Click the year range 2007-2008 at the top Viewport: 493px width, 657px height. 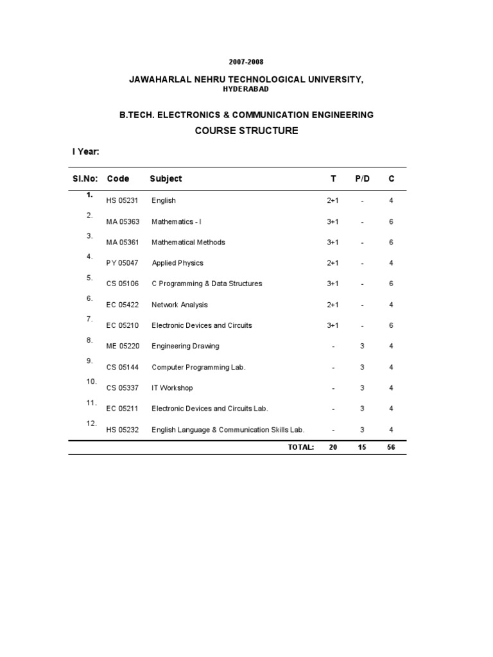tap(246, 62)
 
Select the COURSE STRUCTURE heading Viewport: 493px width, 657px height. tap(246, 131)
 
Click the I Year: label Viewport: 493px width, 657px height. tap(85, 153)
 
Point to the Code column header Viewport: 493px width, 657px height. tap(118, 179)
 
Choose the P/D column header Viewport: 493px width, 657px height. tap(363, 179)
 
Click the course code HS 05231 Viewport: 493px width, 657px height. tap(123, 201)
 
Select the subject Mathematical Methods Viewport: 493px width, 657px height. tap(188, 243)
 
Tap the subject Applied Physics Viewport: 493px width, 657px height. tap(177, 263)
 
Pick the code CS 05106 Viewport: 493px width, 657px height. tap(123, 284)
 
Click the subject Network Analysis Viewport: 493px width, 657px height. tap(180, 305)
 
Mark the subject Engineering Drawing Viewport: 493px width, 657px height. tap(186, 346)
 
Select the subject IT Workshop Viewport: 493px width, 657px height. tap(172, 388)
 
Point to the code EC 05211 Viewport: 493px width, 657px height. tap(123, 409)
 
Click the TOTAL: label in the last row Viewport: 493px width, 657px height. tap(300, 447)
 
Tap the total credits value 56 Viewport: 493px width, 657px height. tap(391, 447)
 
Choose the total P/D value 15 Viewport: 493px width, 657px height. tap(362, 447)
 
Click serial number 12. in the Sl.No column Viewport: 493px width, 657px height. tap(91, 423)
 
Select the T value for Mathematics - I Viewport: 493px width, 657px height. tap(333, 222)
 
